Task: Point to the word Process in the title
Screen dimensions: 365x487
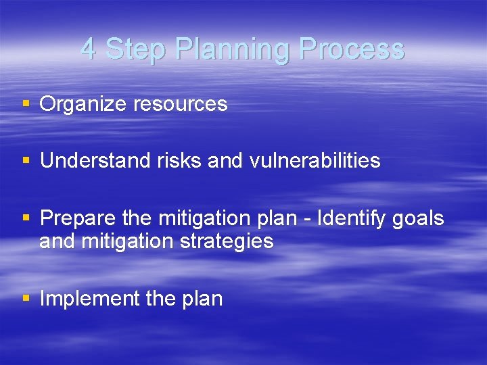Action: point(352,49)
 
